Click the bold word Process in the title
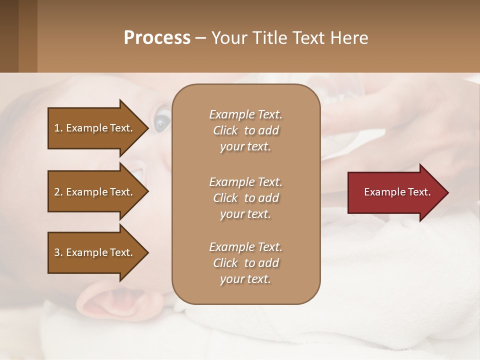click(x=157, y=38)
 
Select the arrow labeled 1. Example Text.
click(x=95, y=128)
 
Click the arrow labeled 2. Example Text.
click(x=95, y=192)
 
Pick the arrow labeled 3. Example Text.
click(x=95, y=252)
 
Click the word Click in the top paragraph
click(x=225, y=131)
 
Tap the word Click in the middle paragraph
click(x=225, y=198)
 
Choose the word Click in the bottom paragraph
click(x=225, y=263)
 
